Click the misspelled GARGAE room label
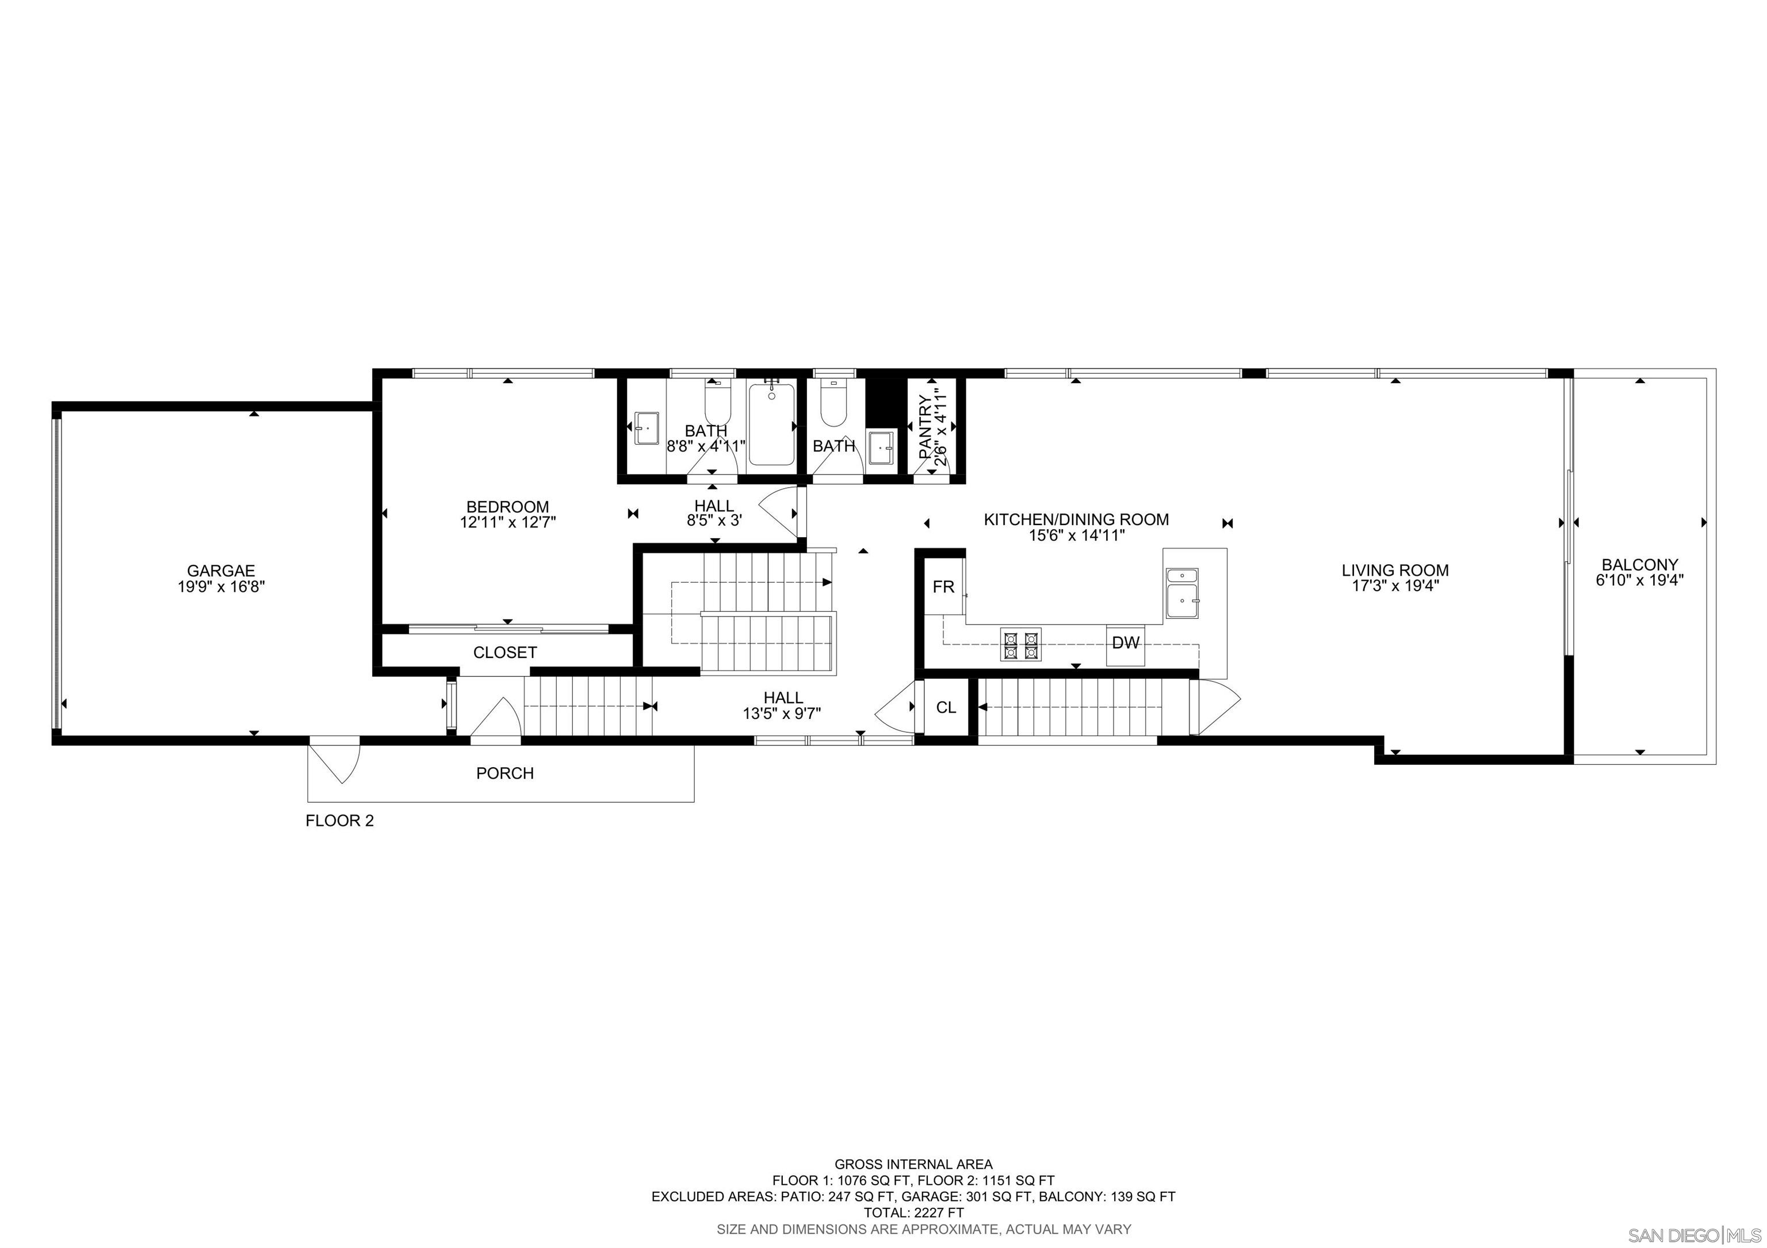(220, 571)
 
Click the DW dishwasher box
(1125, 643)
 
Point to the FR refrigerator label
(943, 588)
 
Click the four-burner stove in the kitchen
(1020, 645)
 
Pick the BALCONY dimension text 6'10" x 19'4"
(1640, 581)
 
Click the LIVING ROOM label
(1394, 570)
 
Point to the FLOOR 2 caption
(339, 821)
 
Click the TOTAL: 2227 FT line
(913, 1212)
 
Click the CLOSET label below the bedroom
(505, 653)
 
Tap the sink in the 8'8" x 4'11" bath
(646, 428)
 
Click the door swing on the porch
(337, 761)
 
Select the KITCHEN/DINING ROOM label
(1076, 519)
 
